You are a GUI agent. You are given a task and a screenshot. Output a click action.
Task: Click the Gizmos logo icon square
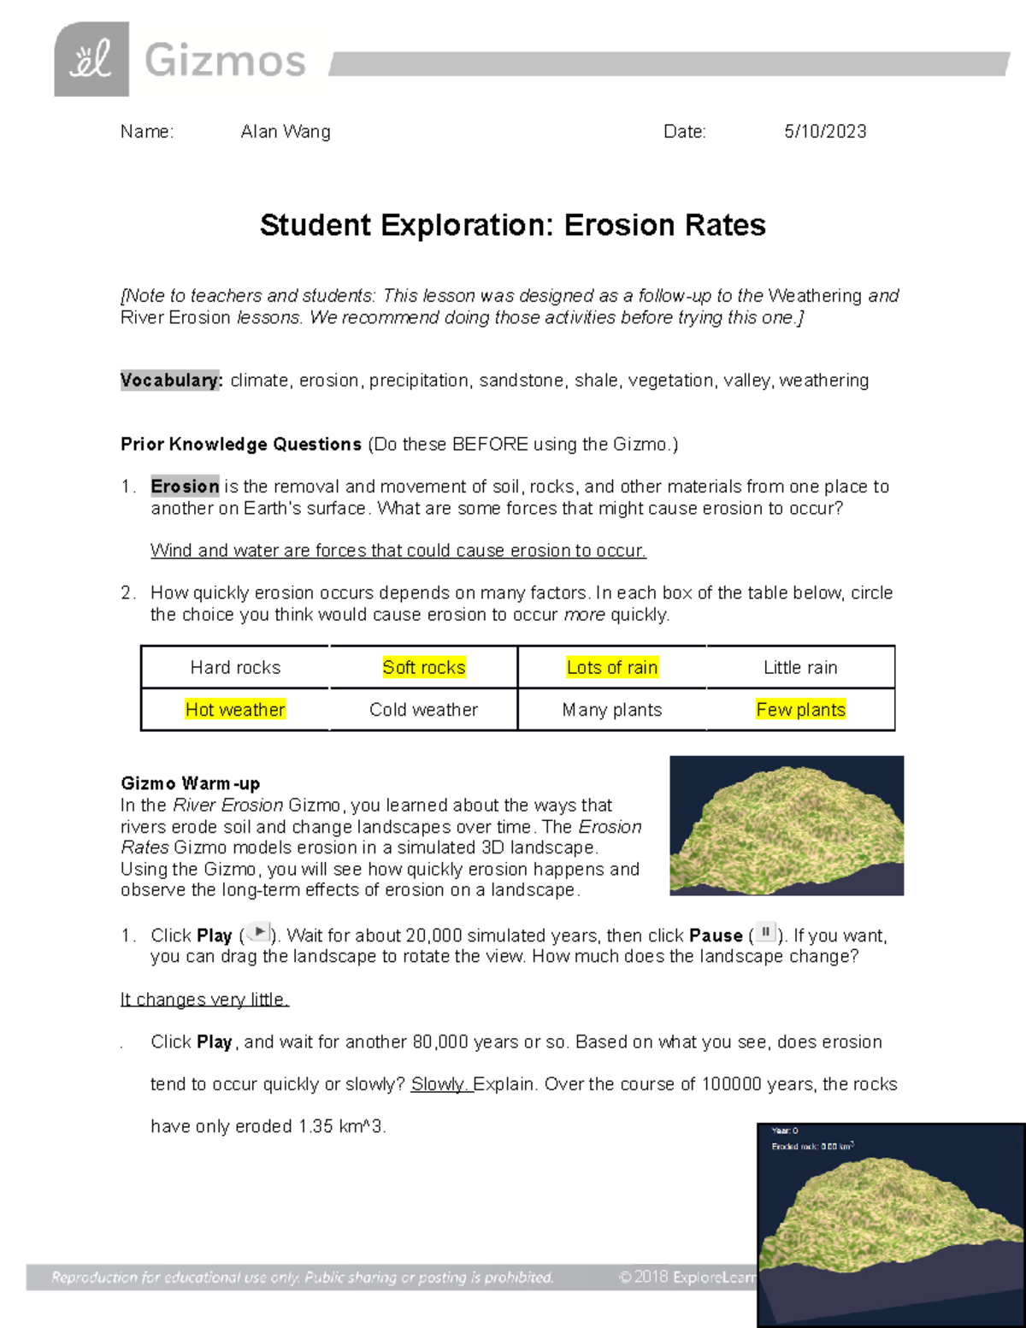pos(91,59)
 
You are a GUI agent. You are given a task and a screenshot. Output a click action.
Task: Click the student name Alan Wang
pos(285,132)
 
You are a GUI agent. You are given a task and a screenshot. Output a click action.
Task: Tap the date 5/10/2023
pos(825,132)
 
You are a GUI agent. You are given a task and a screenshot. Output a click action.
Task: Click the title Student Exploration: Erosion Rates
pos(512,225)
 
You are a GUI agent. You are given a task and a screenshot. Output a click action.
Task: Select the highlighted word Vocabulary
pos(171,381)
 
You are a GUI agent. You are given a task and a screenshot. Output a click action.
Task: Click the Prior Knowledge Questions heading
pos(241,445)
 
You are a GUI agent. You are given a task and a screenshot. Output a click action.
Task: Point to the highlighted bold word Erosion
pos(185,487)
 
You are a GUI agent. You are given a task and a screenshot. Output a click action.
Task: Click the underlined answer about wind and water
pos(398,551)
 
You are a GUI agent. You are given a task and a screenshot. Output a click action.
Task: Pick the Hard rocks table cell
pos(235,668)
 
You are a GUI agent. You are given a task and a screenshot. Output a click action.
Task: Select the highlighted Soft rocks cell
pos(423,668)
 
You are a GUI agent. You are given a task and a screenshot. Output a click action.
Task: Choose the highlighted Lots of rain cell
pos(612,668)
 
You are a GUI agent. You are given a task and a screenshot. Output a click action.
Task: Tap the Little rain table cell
pos(800,668)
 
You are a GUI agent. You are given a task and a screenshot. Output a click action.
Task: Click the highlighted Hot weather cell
pos(235,710)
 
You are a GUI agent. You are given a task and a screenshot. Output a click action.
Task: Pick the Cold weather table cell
pos(423,710)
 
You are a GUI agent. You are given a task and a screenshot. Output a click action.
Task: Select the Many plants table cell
pos(612,710)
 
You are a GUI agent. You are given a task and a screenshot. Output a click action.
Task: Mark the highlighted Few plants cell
pos(800,710)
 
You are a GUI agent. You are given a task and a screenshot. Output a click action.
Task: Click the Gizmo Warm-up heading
pos(190,783)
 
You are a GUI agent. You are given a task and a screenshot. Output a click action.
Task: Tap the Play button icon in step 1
pos(258,933)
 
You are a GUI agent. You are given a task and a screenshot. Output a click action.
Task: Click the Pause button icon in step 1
pos(766,933)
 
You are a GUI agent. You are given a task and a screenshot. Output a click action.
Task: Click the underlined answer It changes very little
pos(204,1000)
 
